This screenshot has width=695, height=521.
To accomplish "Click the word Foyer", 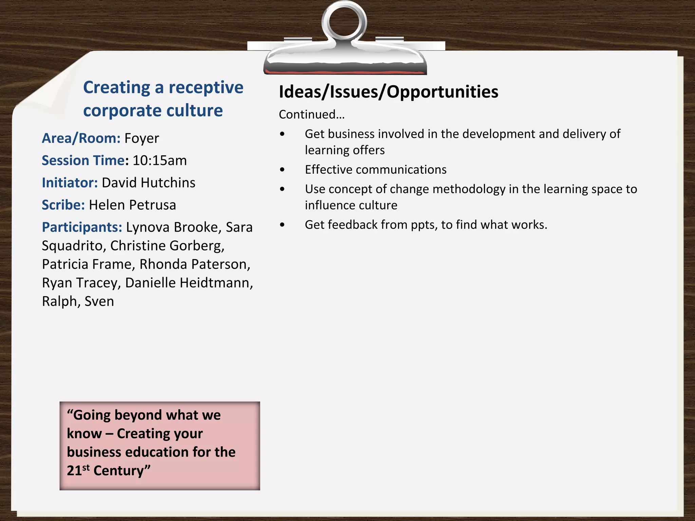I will click(142, 138).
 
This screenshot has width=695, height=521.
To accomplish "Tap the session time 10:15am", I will click(159, 160).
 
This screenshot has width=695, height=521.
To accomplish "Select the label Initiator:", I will click(70, 183).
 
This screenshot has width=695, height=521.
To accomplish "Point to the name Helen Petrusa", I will click(132, 205).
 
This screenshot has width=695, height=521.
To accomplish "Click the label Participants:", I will click(82, 227).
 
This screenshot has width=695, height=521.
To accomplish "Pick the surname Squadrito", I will click(72, 246).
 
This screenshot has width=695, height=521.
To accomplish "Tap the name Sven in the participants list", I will click(99, 302).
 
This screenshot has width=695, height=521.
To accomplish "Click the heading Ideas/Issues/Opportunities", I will click(388, 92).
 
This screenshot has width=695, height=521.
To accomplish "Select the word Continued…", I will click(312, 115).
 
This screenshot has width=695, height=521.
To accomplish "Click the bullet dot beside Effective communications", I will click(282, 170).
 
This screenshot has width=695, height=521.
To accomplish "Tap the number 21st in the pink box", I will click(78, 470).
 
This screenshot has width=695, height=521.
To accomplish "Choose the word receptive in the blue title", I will click(206, 88).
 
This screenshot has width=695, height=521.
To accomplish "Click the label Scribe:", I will click(63, 205).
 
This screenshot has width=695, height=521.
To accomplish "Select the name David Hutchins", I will click(148, 183).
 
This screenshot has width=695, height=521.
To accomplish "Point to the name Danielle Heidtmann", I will click(189, 283).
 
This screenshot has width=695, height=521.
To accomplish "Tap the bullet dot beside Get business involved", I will click(282, 134).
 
